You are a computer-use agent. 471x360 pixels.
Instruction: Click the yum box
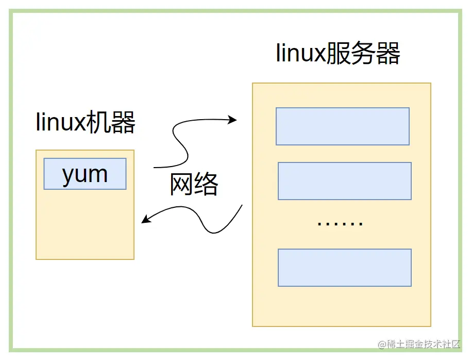coord(85,174)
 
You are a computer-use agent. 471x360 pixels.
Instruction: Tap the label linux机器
coord(86,123)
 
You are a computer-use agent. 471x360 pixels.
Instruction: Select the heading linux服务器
coord(338,54)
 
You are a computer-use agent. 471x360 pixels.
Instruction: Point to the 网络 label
coord(194,184)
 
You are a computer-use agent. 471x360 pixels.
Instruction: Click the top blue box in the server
coord(343,126)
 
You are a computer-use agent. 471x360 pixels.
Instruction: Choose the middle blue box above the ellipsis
coord(345,181)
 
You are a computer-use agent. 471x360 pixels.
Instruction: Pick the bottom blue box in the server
coord(345,268)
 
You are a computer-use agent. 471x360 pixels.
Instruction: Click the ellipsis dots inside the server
coord(340,223)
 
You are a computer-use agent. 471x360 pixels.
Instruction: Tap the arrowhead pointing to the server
coord(233,120)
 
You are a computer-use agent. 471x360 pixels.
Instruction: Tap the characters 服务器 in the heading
coord(363,54)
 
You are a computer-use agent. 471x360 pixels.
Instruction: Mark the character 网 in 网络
coord(182,184)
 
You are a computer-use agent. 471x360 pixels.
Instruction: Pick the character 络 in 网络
coord(207,184)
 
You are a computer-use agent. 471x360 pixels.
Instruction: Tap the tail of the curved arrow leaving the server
coord(242,206)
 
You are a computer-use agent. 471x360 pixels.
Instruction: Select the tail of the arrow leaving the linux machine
coord(155,167)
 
